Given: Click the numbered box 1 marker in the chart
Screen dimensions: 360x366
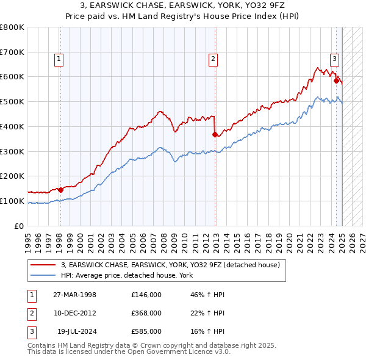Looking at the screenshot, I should coord(59,59).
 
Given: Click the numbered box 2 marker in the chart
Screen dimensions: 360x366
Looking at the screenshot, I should coord(213,59).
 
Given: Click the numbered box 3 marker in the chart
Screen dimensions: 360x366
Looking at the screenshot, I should coord(335,59).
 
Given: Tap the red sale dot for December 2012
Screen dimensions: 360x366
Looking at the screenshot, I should coord(215,134).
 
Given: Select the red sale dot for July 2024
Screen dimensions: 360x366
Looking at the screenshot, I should coord(336,80).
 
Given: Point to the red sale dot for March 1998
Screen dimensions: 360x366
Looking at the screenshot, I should coord(60,189).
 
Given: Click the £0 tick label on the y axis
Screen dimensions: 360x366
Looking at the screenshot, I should coord(19,226).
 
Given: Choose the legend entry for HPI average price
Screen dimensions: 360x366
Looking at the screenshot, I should coord(127,276).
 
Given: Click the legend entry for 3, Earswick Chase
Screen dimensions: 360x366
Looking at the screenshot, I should coord(170,265).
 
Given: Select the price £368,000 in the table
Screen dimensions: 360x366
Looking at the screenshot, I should coord(146,313).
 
